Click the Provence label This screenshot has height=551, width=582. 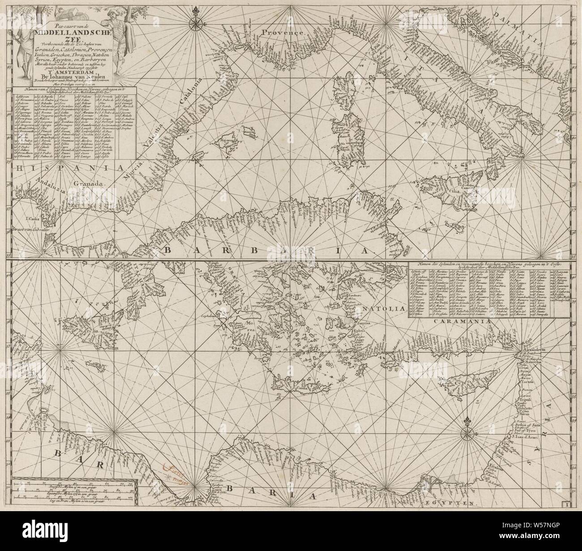pos(283,32)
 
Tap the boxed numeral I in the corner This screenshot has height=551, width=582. pos(567,504)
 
